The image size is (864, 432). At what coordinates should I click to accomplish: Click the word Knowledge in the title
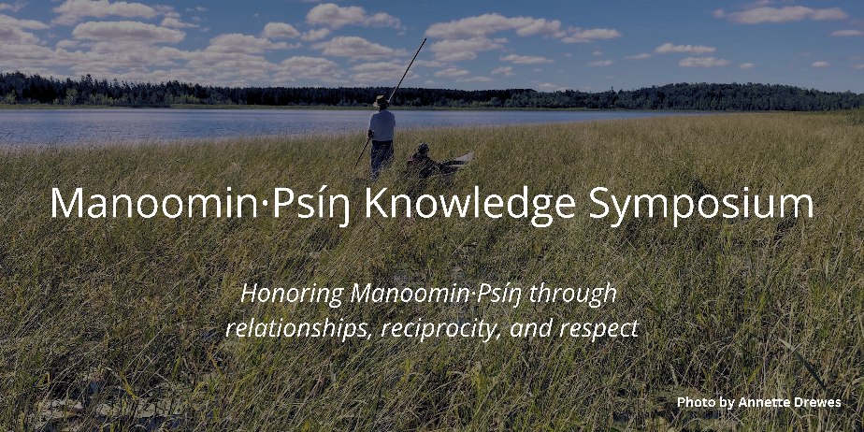(x=469, y=205)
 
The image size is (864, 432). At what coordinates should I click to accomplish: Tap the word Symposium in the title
(x=701, y=205)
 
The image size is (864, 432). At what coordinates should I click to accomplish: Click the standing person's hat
(x=381, y=101)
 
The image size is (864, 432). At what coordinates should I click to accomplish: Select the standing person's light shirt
(x=382, y=125)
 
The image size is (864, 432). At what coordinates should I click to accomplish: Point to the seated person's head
(x=423, y=149)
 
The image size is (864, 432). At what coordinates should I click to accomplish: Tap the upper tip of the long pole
(x=426, y=38)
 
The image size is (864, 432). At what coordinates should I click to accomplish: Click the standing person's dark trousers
(x=382, y=158)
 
